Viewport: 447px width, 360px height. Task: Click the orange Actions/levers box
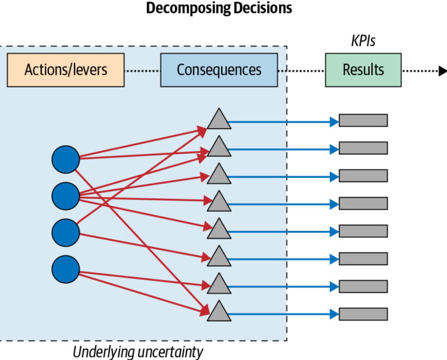point(66,70)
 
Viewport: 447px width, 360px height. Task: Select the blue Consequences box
point(219,70)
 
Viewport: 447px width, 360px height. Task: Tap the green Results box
point(363,70)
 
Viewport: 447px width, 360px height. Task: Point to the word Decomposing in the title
point(186,9)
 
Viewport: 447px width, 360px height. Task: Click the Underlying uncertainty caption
point(138,352)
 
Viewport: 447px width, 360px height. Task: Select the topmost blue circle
point(66,159)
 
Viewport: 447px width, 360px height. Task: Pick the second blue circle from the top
point(66,196)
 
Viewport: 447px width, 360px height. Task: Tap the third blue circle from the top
point(66,233)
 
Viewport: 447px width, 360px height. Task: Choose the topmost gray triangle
point(219,120)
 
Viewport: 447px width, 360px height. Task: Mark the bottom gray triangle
point(219,312)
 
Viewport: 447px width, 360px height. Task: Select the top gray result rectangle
point(363,120)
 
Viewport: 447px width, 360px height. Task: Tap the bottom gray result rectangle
point(363,314)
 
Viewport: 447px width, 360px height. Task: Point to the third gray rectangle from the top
point(363,176)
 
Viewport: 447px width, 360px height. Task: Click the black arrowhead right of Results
point(442,71)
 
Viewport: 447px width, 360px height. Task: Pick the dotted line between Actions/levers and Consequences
point(142,71)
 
